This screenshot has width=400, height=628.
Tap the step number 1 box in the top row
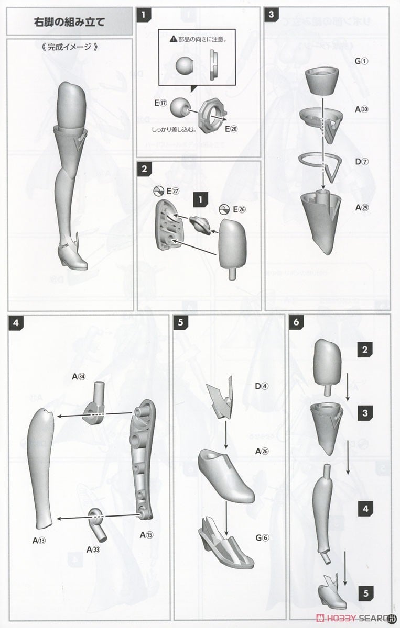coord(143,14)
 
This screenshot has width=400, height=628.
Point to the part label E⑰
coord(161,103)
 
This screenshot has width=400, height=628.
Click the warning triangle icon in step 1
coord(172,39)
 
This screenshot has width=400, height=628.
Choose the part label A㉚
coord(362,109)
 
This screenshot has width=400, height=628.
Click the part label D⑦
coord(362,162)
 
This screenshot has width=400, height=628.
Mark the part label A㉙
coord(362,208)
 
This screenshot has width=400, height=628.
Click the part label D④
coord(262,387)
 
